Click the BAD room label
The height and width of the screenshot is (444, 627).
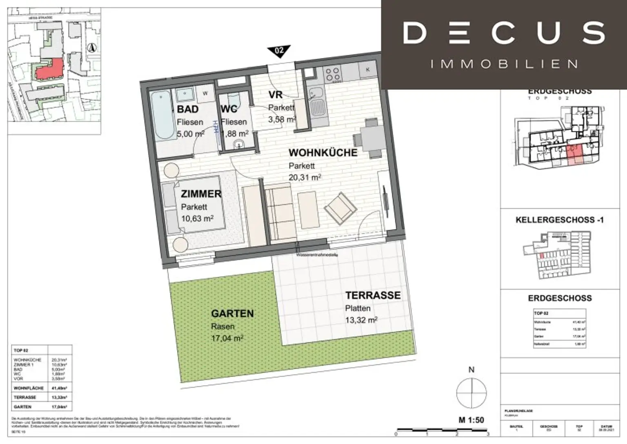(187, 109)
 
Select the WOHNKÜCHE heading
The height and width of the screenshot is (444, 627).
(322, 153)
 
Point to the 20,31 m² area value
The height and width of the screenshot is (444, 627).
(305, 177)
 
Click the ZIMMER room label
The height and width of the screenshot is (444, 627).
(201, 194)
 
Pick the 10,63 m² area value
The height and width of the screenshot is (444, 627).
(197, 219)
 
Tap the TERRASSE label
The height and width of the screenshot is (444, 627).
(373, 295)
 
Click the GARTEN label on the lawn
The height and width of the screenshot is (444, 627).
(232, 314)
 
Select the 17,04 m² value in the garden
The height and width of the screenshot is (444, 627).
(227, 338)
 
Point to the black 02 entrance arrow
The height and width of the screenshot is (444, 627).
(279, 51)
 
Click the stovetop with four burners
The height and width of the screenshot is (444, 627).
(331, 74)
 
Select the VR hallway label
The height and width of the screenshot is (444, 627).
(276, 95)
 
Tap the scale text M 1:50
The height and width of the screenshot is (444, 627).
(471, 420)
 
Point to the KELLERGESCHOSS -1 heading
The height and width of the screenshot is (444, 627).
(559, 220)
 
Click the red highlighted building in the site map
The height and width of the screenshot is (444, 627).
(50, 69)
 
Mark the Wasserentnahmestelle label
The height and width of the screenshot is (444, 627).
(317, 255)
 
